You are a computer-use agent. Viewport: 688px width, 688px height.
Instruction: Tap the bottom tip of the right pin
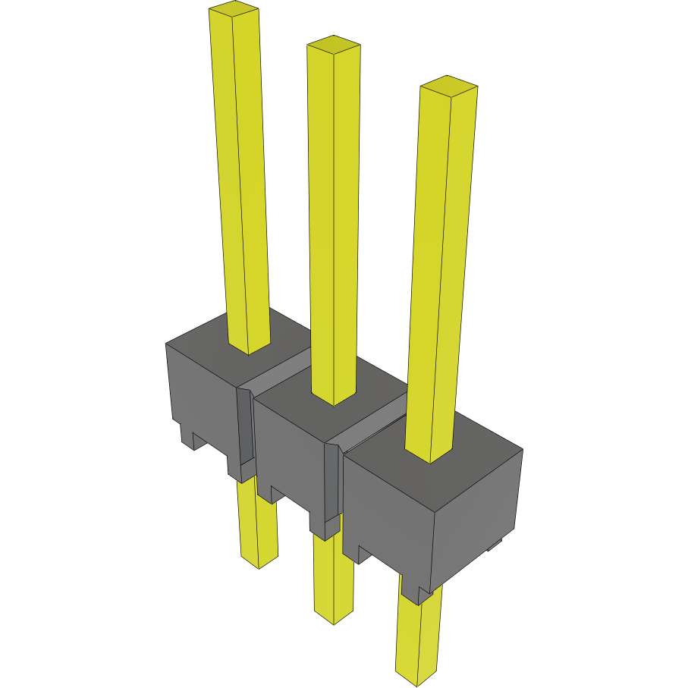coord(417,671)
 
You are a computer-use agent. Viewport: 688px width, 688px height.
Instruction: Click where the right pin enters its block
coord(430,455)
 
